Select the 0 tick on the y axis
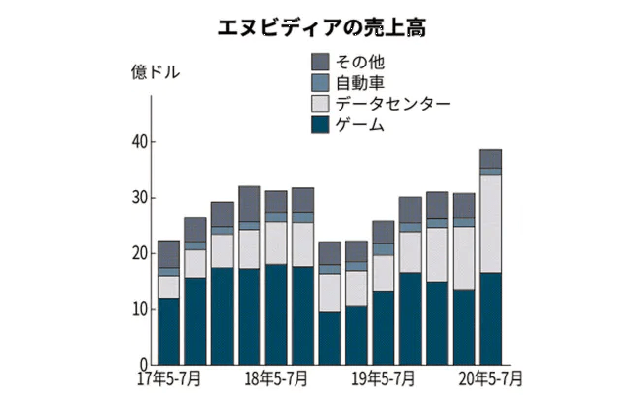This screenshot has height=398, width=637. (x=142, y=364)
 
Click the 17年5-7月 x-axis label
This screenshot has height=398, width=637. (x=168, y=377)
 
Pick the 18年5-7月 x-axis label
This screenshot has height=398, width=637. (x=277, y=377)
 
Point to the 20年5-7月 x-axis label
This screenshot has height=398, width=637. (x=489, y=377)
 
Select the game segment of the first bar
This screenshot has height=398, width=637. (x=169, y=332)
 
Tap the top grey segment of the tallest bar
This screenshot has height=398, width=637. (x=490, y=158)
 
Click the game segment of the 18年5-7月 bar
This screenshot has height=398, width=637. (x=276, y=314)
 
